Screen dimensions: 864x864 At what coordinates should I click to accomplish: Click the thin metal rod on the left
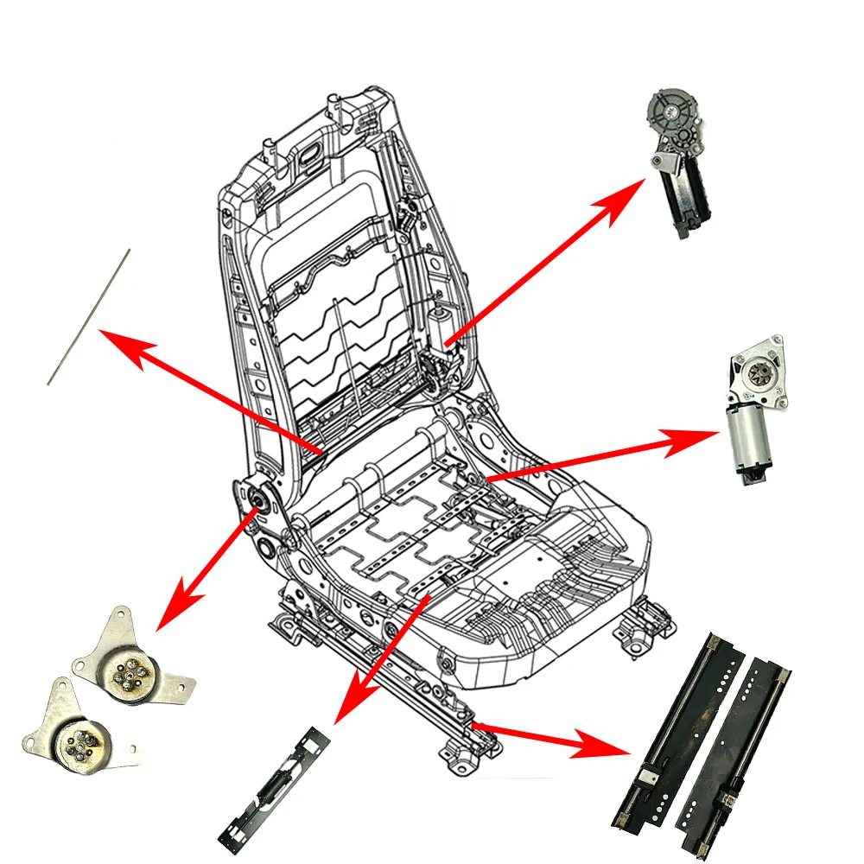tap(88, 317)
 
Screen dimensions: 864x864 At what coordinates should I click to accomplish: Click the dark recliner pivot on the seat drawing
tap(255, 499)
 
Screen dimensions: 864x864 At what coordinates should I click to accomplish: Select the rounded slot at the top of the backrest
tap(308, 157)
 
